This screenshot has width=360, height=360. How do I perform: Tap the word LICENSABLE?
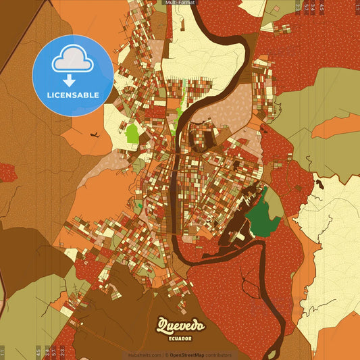(72, 95)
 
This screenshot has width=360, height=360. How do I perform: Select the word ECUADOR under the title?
(180, 338)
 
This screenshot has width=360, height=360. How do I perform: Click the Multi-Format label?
(180, 3)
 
